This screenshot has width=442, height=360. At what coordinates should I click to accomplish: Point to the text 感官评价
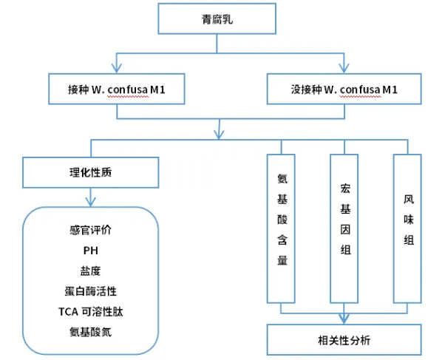tap(90, 230)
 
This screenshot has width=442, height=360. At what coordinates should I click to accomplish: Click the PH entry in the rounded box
tap(90, 251)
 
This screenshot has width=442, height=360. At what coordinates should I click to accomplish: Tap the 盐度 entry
tap(90, 271)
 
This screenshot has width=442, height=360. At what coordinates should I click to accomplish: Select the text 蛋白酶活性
tap(90, 291)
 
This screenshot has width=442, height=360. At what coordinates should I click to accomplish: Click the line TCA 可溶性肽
tap(90, 312)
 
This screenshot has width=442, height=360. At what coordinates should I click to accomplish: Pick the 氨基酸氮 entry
tap(90, 332)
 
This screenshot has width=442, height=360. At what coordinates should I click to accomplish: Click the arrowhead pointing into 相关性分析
tap(344, 319)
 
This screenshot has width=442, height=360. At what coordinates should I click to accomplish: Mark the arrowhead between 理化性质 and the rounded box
tap(90, 202)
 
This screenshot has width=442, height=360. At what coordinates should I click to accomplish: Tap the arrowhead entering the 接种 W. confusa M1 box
tap(117, 69)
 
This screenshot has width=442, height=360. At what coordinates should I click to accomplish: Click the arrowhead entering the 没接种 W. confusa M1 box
tap(344, 69)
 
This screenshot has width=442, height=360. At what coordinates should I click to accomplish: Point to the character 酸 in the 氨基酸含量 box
tap(282, 220)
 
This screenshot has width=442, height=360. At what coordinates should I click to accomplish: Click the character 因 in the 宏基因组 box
tap(345, 229)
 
